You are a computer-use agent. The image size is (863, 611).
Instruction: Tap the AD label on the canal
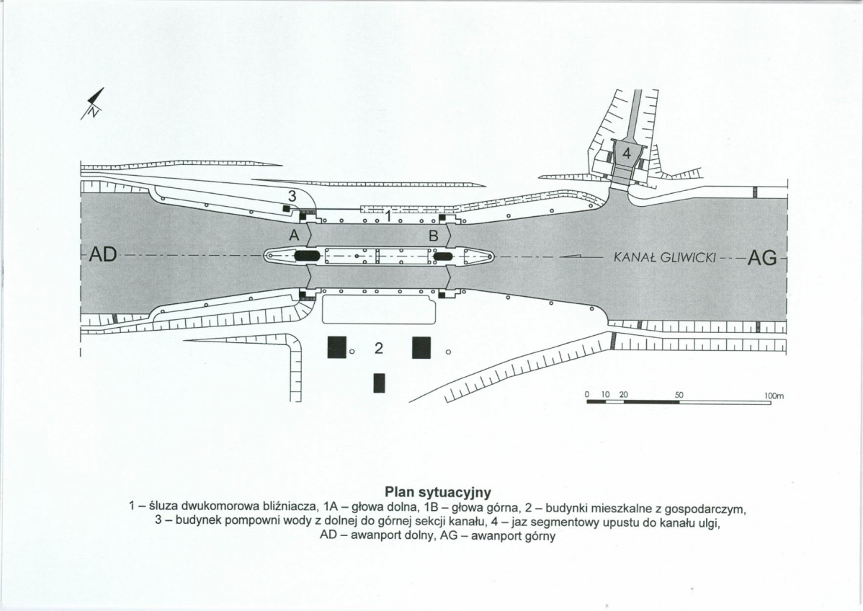103,254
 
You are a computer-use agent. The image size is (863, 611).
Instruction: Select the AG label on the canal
761,257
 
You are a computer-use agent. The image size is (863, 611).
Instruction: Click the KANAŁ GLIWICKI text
663,257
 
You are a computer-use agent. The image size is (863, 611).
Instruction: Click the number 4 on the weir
626,153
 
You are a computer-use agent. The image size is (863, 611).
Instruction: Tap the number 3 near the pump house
292,195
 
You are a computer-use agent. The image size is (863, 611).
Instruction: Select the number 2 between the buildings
378,348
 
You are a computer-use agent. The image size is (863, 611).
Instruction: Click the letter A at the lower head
294,236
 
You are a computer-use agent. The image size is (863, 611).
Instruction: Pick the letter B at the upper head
433,236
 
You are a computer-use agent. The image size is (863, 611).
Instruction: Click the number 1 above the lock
388,216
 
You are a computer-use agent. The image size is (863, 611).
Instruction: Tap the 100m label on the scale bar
774,396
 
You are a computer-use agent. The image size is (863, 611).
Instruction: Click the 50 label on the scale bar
679,395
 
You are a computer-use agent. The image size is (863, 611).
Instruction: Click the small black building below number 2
379,383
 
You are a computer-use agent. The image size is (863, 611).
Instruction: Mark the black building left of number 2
337,347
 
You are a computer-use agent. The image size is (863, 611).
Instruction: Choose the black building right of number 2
421,347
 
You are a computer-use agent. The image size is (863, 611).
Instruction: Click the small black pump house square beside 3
286,208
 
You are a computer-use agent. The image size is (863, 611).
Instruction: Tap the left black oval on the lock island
307,256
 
